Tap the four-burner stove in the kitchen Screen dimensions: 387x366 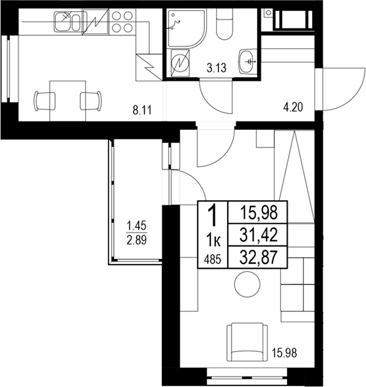[121, 22]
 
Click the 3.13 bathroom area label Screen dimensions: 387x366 [216, 69]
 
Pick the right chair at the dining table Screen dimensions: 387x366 [91, 100]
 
